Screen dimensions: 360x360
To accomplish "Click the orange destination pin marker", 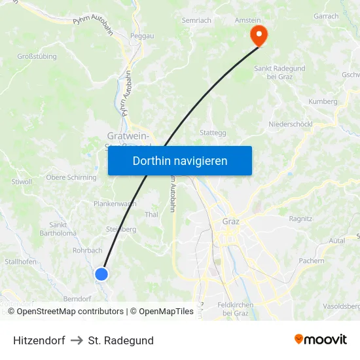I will (259, 35).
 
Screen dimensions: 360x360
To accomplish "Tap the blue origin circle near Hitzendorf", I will (101, 274).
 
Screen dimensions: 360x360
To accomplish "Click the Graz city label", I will (230, 221).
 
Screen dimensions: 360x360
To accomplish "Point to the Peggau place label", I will (142, 36).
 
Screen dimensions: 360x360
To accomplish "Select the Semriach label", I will (196, 20).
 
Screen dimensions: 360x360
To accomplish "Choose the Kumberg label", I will (323, 101).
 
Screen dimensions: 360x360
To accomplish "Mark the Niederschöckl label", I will (290, 124).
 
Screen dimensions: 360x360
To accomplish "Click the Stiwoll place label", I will (22, 181).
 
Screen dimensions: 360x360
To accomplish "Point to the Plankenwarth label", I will (115, 204).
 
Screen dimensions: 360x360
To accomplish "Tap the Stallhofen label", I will (20, 262).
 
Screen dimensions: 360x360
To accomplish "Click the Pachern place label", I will (311, 261).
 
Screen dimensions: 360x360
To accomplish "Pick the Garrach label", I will (326, 16).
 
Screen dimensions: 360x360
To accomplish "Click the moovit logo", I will (320, 340).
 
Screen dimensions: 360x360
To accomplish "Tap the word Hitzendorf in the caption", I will (39, 340).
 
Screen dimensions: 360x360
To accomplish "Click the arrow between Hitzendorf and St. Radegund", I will (77, 340).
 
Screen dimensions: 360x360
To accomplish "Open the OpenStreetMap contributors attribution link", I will (70, 312).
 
